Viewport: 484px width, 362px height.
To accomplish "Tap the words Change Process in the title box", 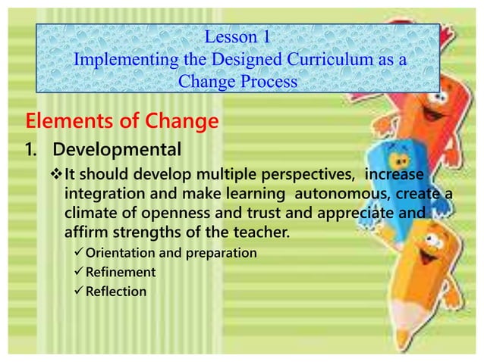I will [x=237, y=82].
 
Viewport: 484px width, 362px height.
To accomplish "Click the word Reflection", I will [x=116, y=290].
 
